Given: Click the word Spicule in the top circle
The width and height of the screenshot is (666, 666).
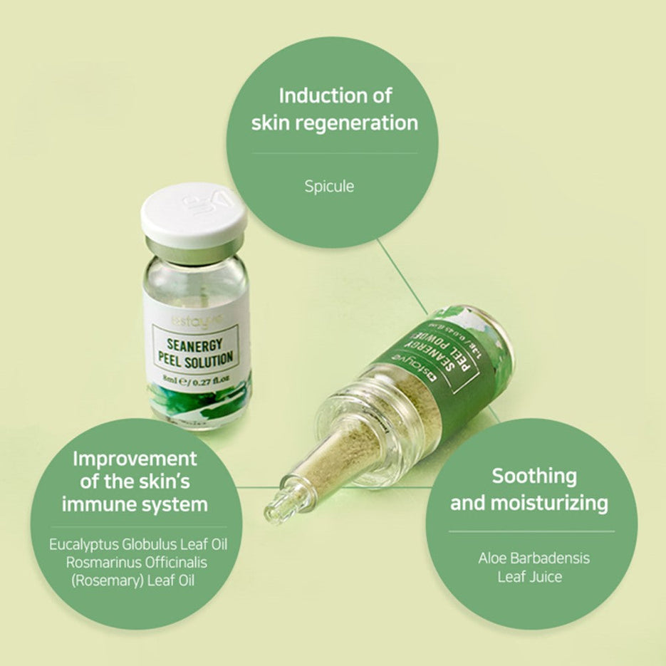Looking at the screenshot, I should pyautogui.click(x=329, y=187).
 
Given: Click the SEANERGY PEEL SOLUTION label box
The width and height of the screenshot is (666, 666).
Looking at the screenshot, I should pyautogui.click(x=195, y=345).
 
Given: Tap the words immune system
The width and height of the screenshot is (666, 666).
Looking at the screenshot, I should pyautogui.click(x=135, y=505).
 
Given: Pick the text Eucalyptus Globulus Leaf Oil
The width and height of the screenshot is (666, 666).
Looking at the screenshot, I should pyautogui.click(x=137, y=545).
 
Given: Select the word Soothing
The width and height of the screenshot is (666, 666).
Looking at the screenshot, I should pyautogui.click(x=534, y=476).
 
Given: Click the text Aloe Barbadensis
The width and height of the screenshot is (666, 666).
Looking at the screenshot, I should pyautogui.click(x=534, y=558).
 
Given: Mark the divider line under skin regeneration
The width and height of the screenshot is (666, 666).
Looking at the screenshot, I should pyautogui.click(x=334, y=153).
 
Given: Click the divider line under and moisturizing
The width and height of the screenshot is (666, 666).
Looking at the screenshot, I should pyautogui.click(x=531, y=531).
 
